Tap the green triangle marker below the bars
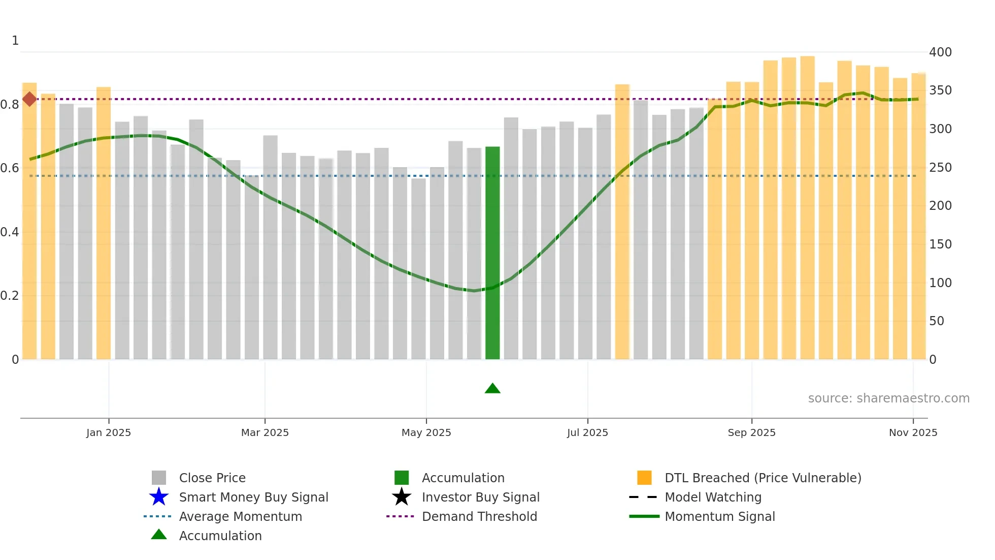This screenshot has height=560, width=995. click(x=492, y=389)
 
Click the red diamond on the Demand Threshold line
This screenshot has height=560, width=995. click(x=29, y=99)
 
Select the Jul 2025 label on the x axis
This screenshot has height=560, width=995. click(x=587, y=432)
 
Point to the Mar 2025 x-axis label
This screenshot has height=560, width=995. click(x=264, y=432)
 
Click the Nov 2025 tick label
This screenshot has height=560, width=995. click(x=913, y=432)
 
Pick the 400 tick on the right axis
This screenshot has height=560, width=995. click(x=940, y=52)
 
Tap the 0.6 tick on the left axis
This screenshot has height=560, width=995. click(x=10, y=168)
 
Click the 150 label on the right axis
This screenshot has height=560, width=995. click(x=940, y=244)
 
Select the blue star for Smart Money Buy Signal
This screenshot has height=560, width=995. click(x=159, y=497)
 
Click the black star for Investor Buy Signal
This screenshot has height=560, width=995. click(x=402, y=497)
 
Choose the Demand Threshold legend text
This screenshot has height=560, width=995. click(x=479, y=516)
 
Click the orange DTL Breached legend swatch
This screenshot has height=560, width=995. click(x=644, y=478)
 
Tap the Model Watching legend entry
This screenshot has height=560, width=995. click(x=713, y=497)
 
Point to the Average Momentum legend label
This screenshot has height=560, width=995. click(x=240, y=516)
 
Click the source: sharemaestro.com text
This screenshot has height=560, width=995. click(x=888, y=398)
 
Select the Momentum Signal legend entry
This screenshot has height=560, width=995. click(x=719, y=516)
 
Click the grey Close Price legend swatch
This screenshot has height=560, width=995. click(x=159, y=478)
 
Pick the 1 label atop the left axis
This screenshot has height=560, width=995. click(x=15, y=40)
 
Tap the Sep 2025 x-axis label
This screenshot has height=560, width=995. click(x=751, y=432)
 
